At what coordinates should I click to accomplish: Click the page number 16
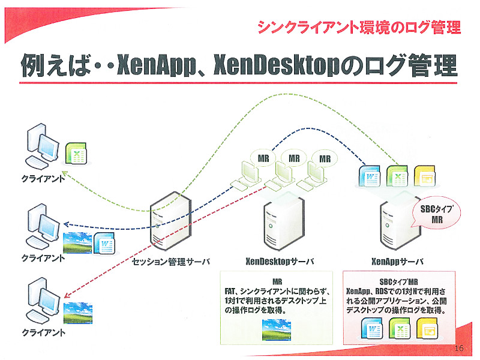[x=459, y=349]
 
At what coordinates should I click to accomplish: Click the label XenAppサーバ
[x=397, y=262]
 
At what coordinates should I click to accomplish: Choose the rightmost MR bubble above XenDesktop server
[x=325, y=158]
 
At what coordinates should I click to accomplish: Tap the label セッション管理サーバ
[x=172, y=262]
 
